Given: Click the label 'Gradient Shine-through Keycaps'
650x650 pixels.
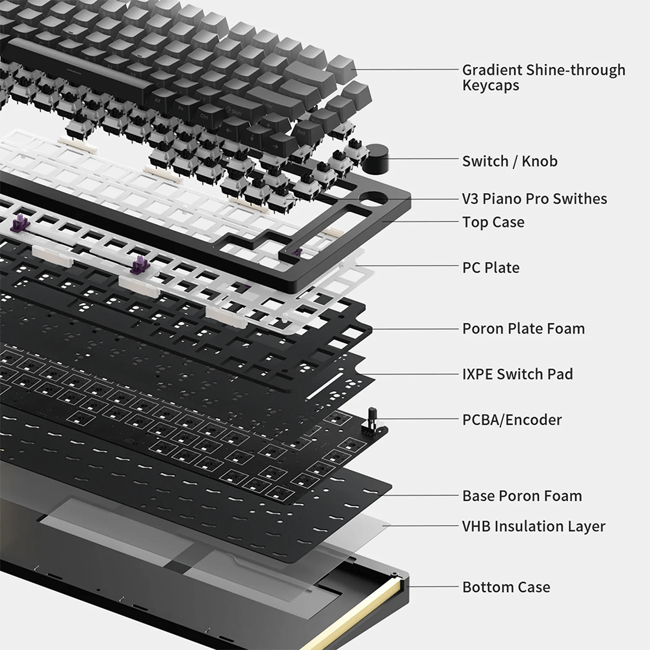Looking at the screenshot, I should (x=543, y=77).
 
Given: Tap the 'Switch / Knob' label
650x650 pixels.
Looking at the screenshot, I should (x=510, y=161).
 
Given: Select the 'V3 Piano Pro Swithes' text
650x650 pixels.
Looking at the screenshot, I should (x=534, y=199).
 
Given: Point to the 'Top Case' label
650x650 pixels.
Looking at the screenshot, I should (x=493, y=222).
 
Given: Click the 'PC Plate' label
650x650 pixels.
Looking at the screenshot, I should (x=491, y=267).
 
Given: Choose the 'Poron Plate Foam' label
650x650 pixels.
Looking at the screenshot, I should (x=523, y=329).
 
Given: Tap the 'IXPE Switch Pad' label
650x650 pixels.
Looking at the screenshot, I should (x=517, y=374).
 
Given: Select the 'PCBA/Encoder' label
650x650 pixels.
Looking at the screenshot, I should (x=512, y=420).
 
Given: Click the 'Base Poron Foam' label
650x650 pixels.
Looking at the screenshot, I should (x=522, y=496).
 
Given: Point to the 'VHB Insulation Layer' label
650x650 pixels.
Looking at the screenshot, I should (x=533, y=526).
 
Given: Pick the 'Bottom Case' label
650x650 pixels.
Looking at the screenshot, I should (x=506, y=588).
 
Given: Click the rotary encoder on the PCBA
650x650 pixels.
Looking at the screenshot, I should (x=374, y=421).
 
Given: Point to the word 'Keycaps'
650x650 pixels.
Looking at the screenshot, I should (x=491, y=86).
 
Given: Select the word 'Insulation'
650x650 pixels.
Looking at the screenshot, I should (x=533, y=526).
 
